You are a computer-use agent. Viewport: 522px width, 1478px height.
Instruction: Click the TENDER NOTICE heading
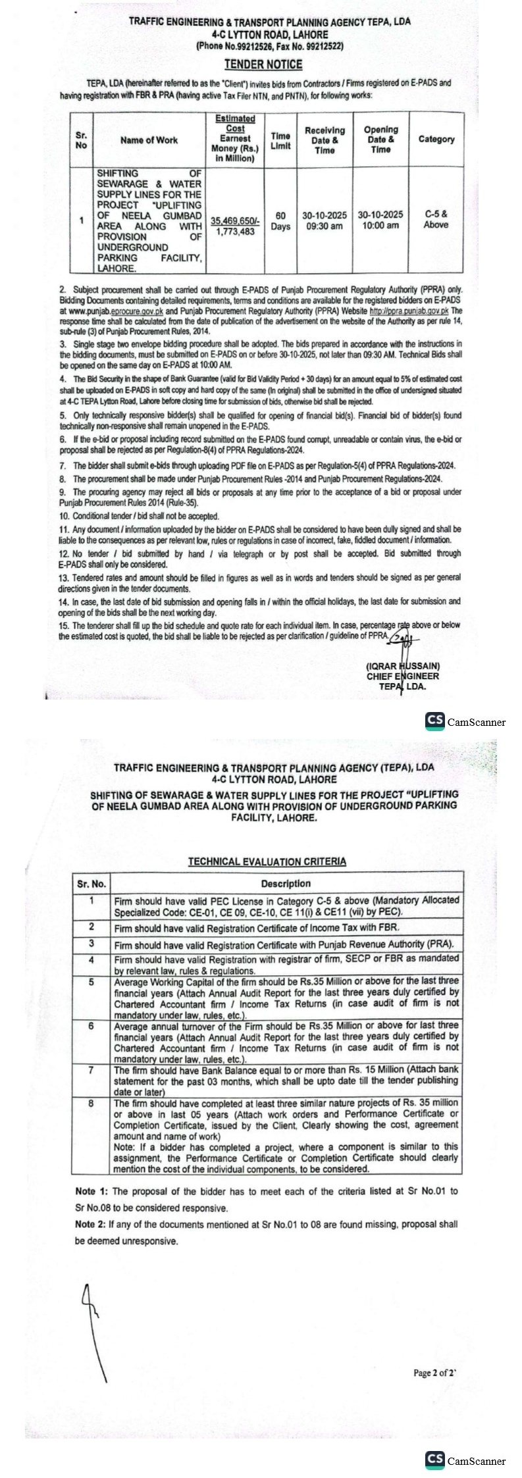pyautogui.click(x=263, y=64)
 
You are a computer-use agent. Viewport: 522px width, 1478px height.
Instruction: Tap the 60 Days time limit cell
pyautogui.click(x=280, y=221)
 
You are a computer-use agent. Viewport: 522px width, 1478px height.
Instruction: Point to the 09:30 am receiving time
pyautogui.click(x=323, y=226)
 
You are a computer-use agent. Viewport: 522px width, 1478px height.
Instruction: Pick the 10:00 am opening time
pyautogui.click(x=380, y=226)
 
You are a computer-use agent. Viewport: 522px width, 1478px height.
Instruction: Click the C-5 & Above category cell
pyautogui.click(x=436, y=220)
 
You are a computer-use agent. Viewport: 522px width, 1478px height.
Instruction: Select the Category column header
pyautogui.click(x=436, y=140)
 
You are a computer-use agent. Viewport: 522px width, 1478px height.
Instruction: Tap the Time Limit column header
pyautogui.click(x=280, y=140)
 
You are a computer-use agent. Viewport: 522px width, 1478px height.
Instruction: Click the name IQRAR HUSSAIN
pyautogui.click(x=403, y=667)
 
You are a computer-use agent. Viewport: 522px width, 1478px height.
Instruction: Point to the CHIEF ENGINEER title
pyautogui.click(x=403, y=676)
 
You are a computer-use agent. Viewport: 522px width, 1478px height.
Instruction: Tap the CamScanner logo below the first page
pyautogui.click(x=465, y=721)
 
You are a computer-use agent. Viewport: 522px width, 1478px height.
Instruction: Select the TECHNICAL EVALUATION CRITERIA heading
pyautogui.click(x=267, y=861)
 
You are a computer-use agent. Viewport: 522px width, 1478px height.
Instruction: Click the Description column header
pyautogui.click(x=286, y=884)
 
